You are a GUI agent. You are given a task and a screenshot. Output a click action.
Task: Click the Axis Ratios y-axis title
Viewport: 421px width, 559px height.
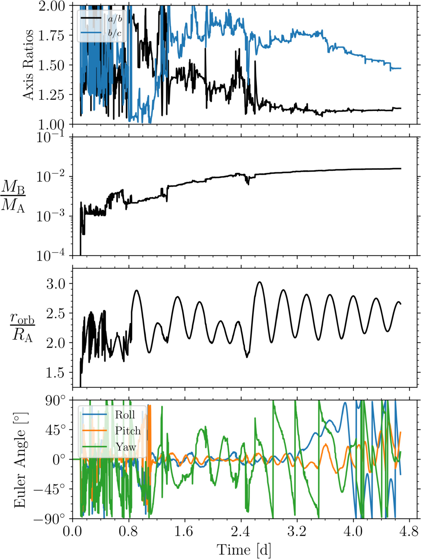(x=28, y=65)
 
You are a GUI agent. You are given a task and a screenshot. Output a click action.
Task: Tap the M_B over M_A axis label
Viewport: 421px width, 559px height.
(x=13, y=196)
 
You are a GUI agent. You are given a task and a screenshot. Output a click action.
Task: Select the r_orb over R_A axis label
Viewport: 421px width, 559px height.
(x=22, y=327)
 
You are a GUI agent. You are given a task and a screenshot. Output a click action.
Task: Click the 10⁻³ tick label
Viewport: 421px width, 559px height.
(x=51, y=216)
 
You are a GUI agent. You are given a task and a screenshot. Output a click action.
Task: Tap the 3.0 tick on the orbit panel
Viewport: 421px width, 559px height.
(x=56, y=284)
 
